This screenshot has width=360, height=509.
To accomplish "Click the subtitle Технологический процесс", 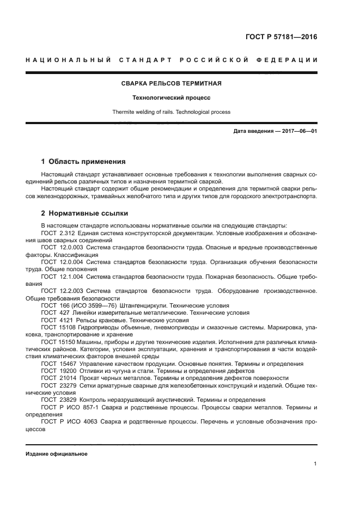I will [x=171, y=98].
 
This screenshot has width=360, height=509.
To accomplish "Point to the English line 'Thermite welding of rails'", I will [x=171, y=112].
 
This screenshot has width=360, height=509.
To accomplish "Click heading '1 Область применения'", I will [x=83, y=161].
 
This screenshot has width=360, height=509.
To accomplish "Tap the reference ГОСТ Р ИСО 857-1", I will [x=68, y=407].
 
